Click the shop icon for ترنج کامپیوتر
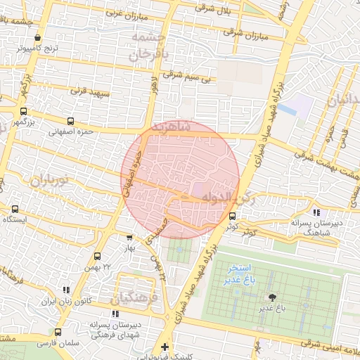(37, 39)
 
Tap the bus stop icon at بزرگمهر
(24, 111)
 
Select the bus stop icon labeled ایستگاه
(15, 209)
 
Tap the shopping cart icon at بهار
(129, 238)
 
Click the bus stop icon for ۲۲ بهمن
(97, 256)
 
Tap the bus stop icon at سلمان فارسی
(58, 333)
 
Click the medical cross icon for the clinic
(165, 347)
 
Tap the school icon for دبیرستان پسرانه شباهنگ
(316, 212)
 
